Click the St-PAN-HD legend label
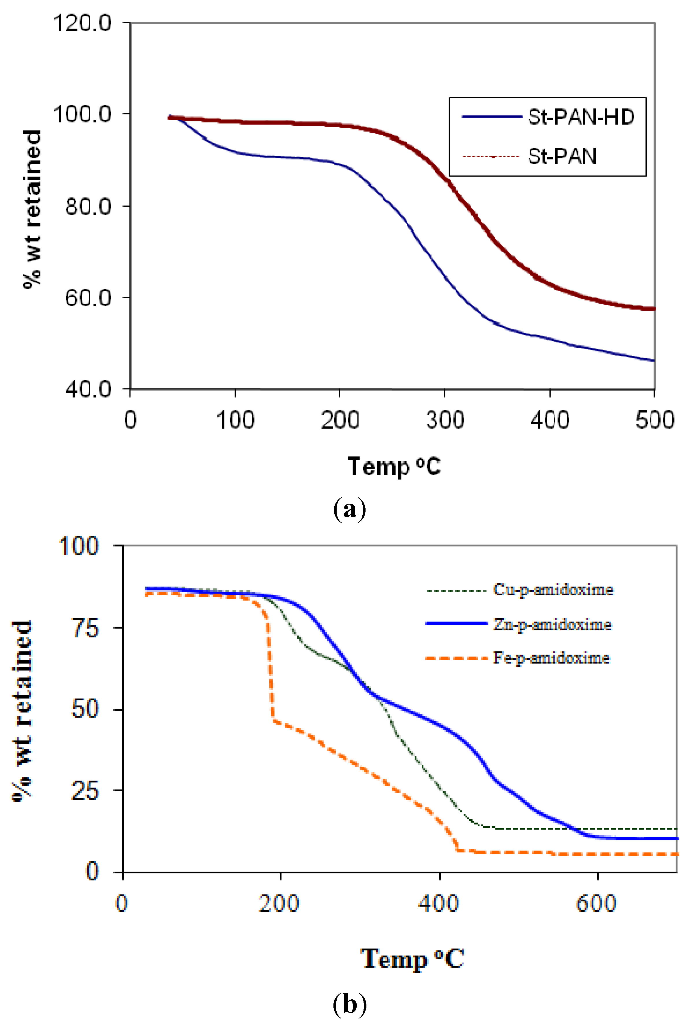click(580, 117)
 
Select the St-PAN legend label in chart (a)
click(562, 156)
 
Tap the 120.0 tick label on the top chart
click(82, 23)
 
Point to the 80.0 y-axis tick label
click(88, 206)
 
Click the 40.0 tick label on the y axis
click(88, 389)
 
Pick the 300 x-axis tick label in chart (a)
click(444, 420)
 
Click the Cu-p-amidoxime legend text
click(553, 590)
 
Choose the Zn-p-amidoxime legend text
click(552, 624)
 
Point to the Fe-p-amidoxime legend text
click(551, 658)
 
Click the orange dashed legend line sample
click(456, 658)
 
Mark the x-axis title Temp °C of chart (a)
click(394, 466)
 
